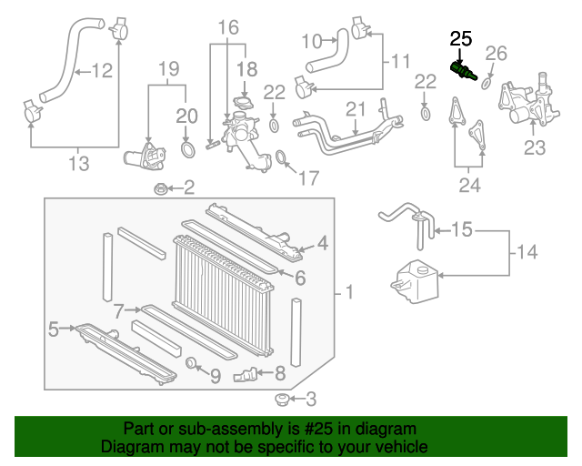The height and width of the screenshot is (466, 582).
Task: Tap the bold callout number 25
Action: click(461, 38)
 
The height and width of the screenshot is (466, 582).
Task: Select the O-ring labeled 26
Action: click(485, 84)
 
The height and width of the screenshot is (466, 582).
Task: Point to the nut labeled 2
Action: click(160, 189)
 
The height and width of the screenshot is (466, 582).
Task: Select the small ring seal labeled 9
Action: click(192, 366)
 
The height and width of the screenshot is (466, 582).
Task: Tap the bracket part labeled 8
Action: click(246, 373)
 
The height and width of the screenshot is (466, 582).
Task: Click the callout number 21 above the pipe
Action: click(354, 109)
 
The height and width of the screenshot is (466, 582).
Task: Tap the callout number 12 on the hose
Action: click(101, 69)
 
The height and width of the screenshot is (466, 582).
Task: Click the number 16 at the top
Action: click(227, 27)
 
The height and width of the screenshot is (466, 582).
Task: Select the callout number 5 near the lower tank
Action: click(53, 328)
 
